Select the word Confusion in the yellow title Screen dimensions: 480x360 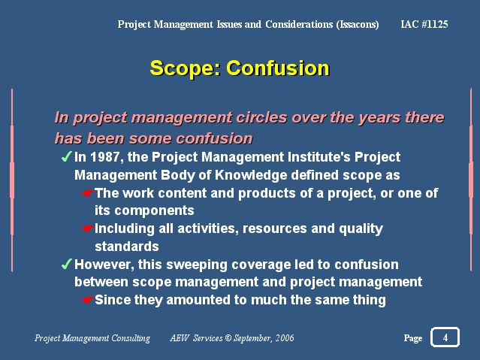[x=278, y=68]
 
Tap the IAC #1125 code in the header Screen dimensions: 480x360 [x=424, y=24]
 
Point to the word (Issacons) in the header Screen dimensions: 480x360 [x=358, y=25]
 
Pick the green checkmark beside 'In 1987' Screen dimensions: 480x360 [x=66, y=157]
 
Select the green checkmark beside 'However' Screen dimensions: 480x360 [x=66, y=264]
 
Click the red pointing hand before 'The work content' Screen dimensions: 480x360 [x=88, y=193]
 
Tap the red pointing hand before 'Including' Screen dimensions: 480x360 [x=88, y=228]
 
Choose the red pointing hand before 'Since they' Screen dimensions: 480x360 [x=88, y=300]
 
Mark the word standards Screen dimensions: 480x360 [x=127, y=247]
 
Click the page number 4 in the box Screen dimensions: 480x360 [x=445, y=337]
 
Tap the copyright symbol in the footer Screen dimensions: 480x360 [x=228, y=338]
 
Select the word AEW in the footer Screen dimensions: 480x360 [x=180, y=338]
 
